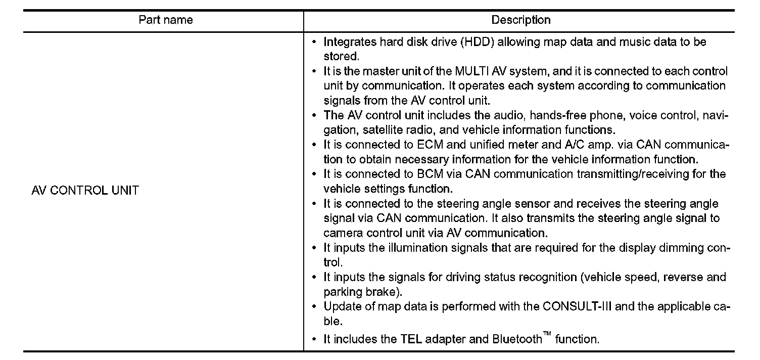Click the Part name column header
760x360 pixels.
[x=165, y=20]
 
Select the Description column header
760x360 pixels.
[x=521, y=20]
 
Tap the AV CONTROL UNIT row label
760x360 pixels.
[x=85, y=191]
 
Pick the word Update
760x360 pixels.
[x=341, y=307]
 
